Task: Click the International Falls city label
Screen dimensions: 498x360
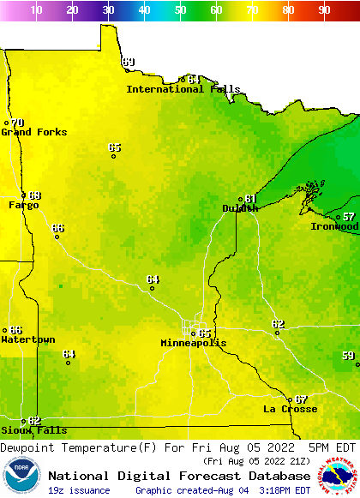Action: pos(177,89)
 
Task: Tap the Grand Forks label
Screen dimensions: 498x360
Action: pos(34,132)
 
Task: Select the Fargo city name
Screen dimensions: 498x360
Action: pos(24,205)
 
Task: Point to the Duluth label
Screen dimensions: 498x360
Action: pos(240,208)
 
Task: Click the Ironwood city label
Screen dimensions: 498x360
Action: pos(334,226)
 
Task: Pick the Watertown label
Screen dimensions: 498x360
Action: pos(28,339)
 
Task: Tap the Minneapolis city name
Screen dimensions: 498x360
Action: pos(194,343)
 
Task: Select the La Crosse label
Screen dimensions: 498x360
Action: pos(290,409)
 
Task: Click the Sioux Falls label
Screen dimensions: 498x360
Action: pos(34,430)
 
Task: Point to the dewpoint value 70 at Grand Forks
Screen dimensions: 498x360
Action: pos(17,123)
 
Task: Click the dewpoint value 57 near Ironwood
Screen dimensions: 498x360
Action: pos(349,217)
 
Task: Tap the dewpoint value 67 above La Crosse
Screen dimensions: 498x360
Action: pos(301,399)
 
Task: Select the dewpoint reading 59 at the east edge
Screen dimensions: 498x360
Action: pos(348,355)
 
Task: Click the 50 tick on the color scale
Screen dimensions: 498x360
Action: pos(180,10)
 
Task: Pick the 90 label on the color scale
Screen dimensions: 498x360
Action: pos(324,10)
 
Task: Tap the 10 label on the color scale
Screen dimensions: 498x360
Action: pos(36,10)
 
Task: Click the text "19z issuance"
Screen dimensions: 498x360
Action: pos(79,490)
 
